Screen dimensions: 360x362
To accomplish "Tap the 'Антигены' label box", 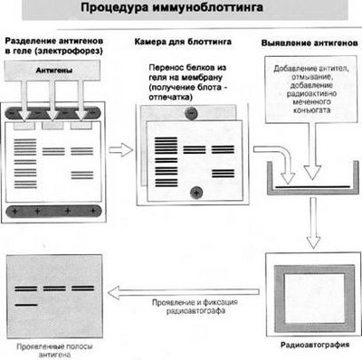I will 53,68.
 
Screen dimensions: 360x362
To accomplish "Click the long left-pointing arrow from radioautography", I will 181,289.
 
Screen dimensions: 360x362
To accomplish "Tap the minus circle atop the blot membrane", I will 192,114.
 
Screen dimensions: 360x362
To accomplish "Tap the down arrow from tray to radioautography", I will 312,222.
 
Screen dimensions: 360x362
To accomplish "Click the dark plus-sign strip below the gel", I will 53,211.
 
